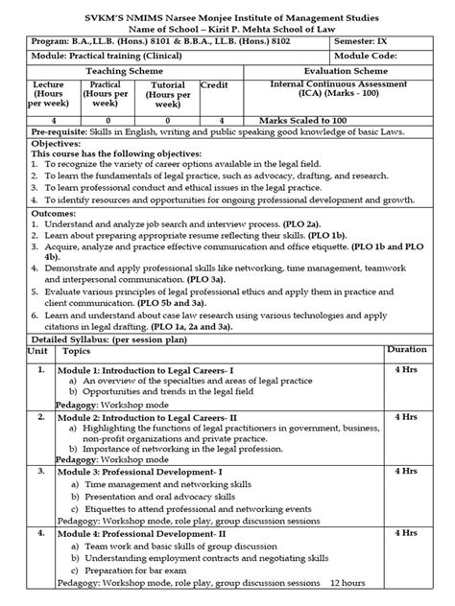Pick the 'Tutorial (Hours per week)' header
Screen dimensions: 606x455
click(x=169, y=96)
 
